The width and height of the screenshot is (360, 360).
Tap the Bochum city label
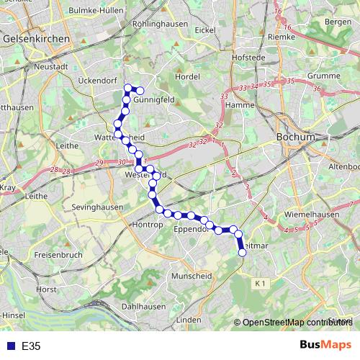coord(296,137)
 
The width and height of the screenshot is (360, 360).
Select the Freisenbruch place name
coord(56,254)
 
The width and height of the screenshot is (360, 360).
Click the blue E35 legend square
coord(7,346)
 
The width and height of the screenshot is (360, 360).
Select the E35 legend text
coord(31,346)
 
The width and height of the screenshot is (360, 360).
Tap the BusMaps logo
coord(325,345)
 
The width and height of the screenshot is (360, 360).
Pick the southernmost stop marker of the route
coord(242,251)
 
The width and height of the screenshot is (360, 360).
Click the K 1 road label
coord(260,285)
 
